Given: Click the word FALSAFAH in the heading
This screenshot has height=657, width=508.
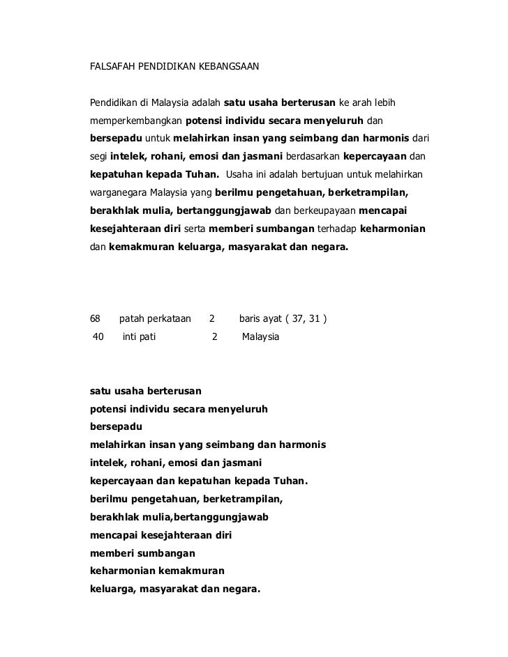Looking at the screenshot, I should click(113, 69).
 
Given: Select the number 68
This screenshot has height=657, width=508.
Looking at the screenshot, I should click(96, 319).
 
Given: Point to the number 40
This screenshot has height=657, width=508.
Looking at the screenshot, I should click(98, 337).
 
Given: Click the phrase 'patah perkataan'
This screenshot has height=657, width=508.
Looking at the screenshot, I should click(155, 319).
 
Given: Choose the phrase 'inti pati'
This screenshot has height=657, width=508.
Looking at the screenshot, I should click(139, 337).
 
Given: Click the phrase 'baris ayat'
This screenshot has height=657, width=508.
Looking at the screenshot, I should click(261, 319).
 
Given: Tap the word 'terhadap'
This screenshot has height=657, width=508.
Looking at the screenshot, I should click(338, 229).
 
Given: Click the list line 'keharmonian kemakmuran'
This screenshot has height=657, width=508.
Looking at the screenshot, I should click(158, 570).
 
